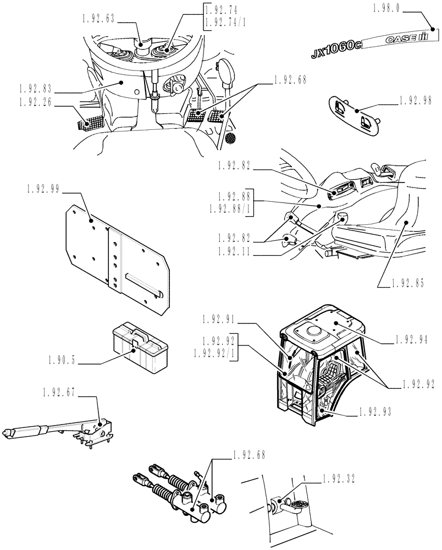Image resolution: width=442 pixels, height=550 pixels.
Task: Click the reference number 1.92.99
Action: coord(43,189)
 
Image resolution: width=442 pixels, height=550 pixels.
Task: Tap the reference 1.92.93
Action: coord(374,411)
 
